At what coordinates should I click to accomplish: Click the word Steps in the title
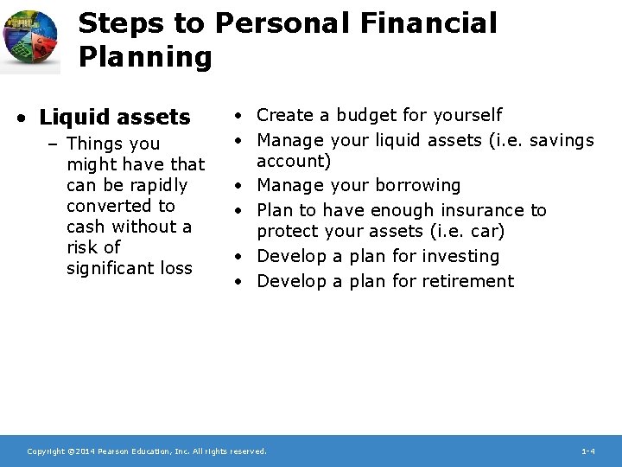[111, 23]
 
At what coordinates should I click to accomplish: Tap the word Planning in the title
[145, 58]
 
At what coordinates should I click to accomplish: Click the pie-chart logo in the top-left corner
[31, 41]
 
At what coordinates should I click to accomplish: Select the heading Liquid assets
[115, 117]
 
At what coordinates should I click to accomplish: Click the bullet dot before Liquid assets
[28, 118]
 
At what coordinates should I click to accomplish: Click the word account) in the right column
[295, 161]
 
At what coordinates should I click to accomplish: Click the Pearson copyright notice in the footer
[147, 451]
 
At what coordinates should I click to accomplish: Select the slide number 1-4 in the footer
[587, 451]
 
